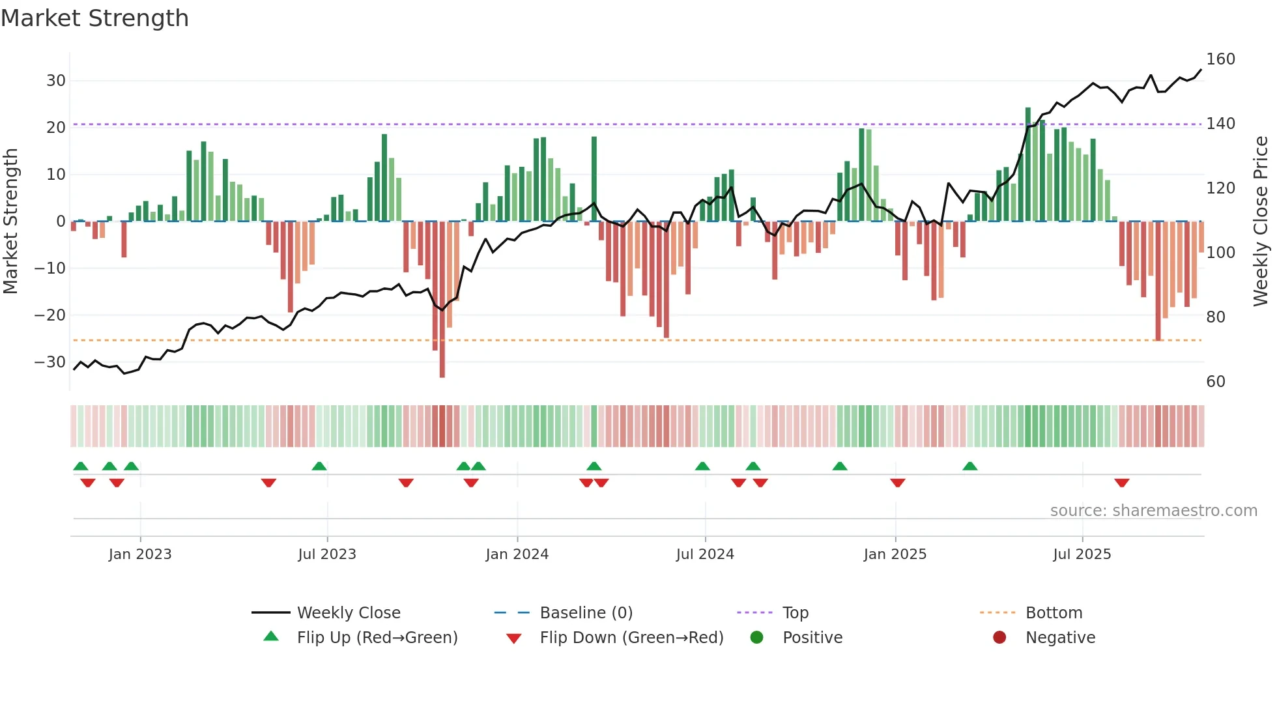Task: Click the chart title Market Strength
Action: (x=94, y=18)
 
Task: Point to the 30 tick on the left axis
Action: (x=56, y=81)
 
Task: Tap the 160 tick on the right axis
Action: (x=1220, y=59)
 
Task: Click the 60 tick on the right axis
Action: (x=1216, y=382)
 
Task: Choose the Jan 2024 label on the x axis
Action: (x=517, y=554)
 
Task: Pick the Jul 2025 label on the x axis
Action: (x=1082, y=554)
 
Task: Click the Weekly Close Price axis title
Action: (x=1261, y=222)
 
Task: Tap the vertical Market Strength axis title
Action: (x=10, y=222)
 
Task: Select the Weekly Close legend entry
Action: (x=349, y=613)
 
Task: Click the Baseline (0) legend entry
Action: (x=586, y=613)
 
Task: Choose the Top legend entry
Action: (x=795, y=613)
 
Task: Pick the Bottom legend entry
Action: (x=1054, y=613)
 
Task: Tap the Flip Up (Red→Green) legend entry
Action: (x=377, y=638)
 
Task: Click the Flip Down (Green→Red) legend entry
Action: (x=631, y=638)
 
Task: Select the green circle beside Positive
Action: (x=756, y=637)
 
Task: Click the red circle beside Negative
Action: (x=999, y=637)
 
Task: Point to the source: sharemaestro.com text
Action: (x=1153, y=511)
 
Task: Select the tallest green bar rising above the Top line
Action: (x=1028, y=163)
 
